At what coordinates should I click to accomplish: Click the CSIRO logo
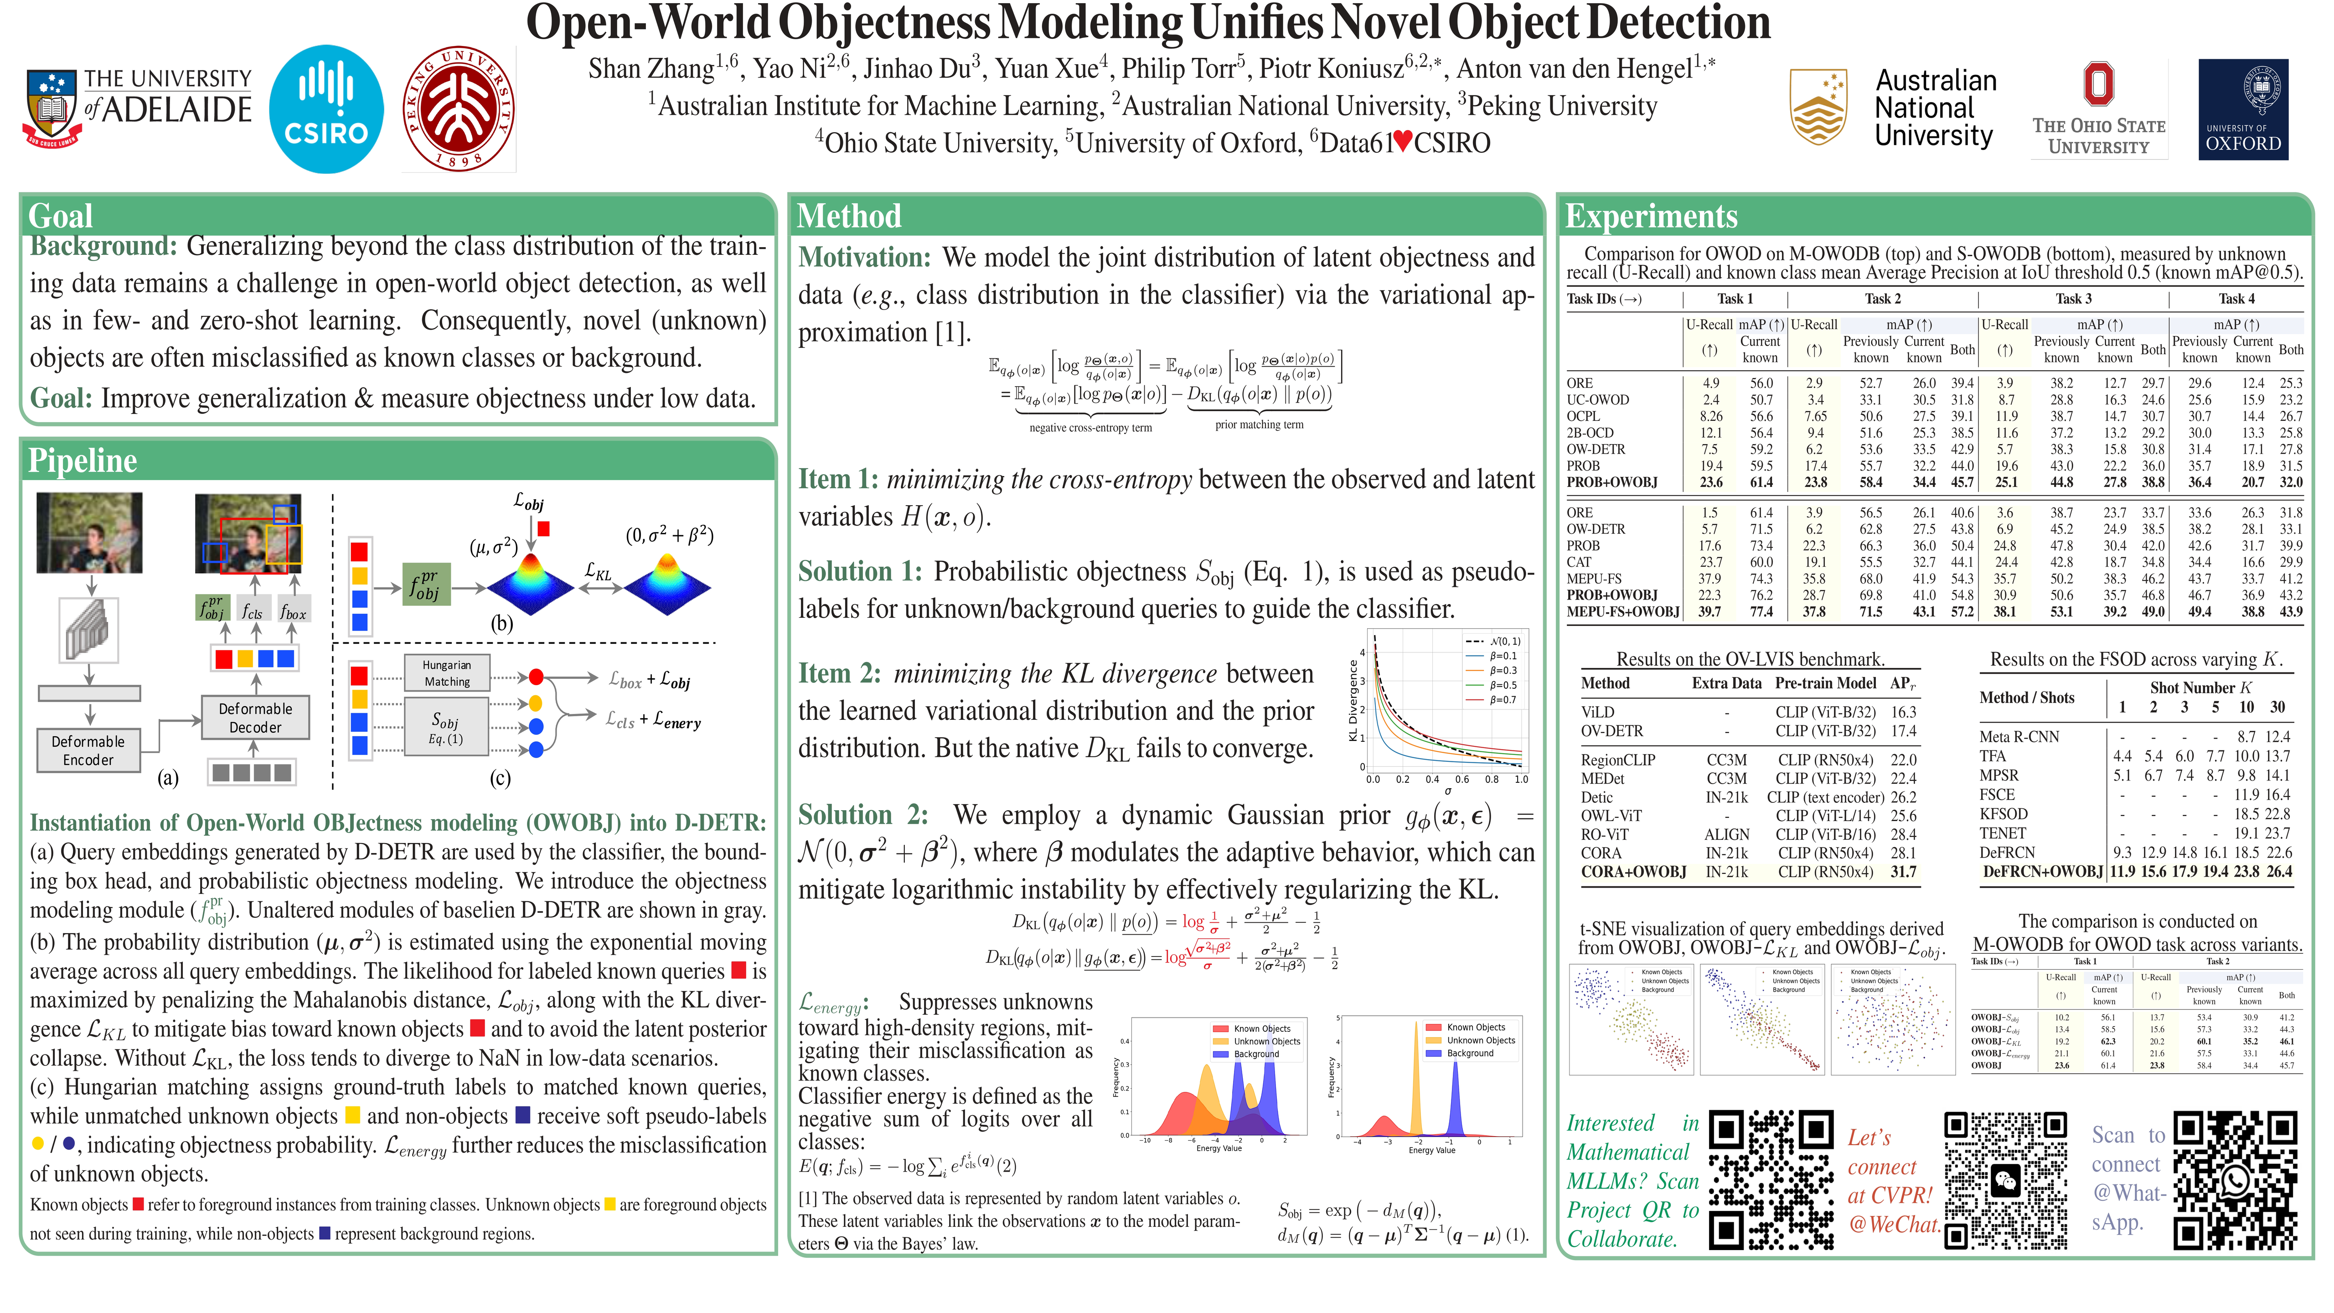[326, 109]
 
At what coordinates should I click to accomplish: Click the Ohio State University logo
[2098, 109]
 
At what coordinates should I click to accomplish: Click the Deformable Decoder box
[255, 718]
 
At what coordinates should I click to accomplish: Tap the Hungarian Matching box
[447, 673]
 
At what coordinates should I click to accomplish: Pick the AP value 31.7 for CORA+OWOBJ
[1904, 872]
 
